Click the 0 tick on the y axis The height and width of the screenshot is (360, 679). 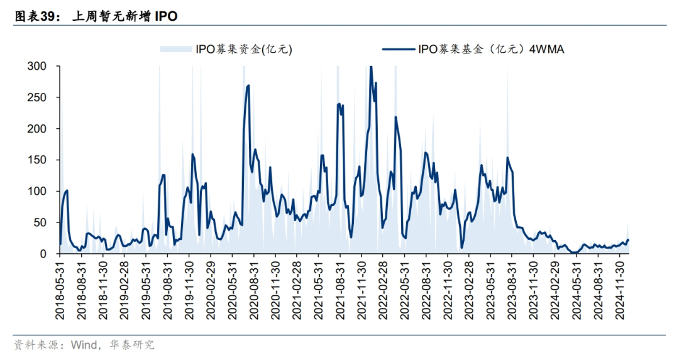click(x=43, y=254)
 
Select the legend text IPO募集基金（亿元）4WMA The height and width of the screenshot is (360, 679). click(x=490, y=49)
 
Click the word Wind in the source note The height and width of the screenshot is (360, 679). click(x=84, y=344)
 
